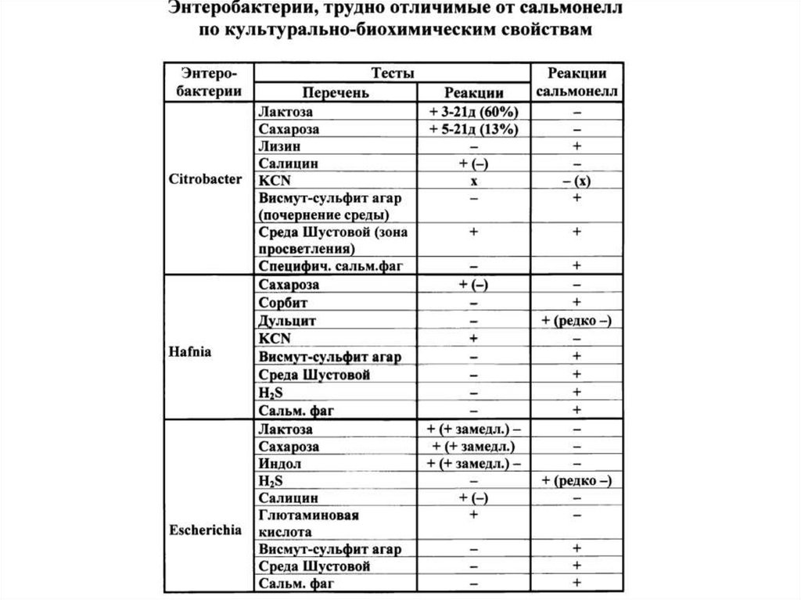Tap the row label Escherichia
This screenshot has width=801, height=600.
205,528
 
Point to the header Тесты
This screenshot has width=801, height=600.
393,72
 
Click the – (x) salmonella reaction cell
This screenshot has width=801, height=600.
577,181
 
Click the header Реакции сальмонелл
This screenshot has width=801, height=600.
577,81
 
